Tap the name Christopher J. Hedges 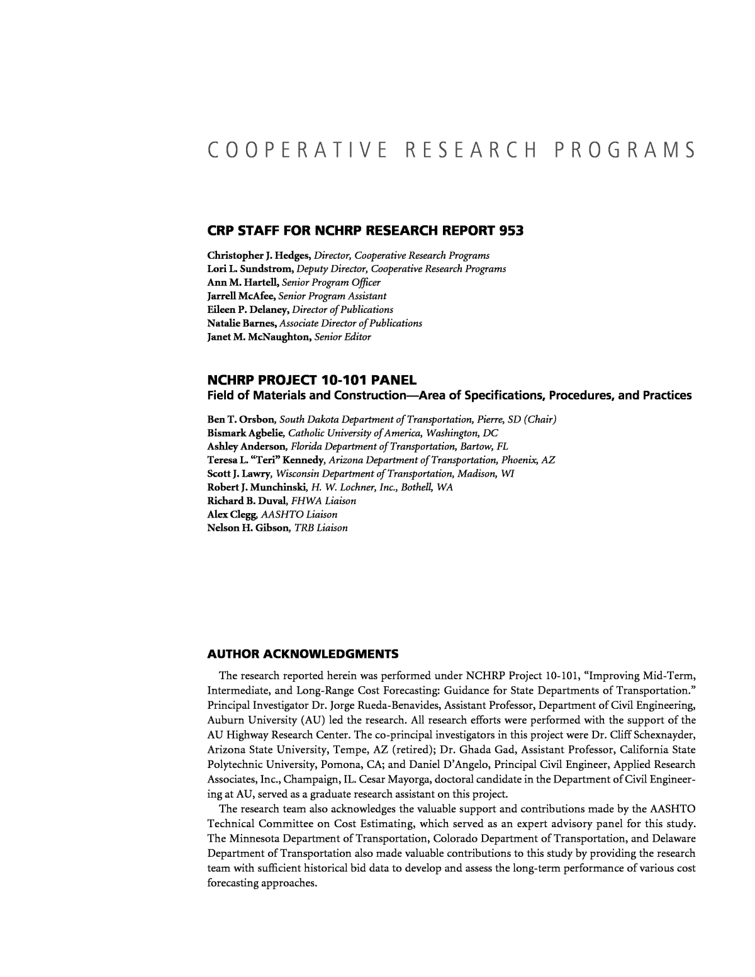pyautogui.click(x=259, y=256)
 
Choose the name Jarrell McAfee pyautogui.click(x=241, y=296)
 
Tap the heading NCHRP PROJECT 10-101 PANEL pyautogui.click(x=311, y=380)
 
